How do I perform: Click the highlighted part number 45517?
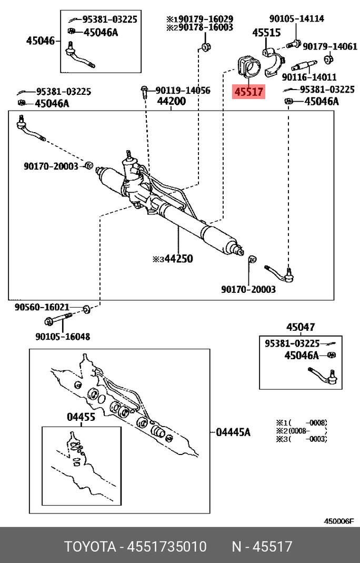point(249,92)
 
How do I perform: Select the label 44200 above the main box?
point(172,101)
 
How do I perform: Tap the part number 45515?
point(266,33)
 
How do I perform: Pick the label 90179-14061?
point(330,47)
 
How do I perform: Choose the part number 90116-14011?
point(309,77)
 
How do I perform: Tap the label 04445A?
point(233,432)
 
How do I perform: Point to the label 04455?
point(81,417)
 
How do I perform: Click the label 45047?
point(301,327)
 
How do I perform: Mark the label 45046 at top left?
point(41,39)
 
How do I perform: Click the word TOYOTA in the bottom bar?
point(90,546)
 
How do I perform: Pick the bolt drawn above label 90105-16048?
point(57,319)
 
